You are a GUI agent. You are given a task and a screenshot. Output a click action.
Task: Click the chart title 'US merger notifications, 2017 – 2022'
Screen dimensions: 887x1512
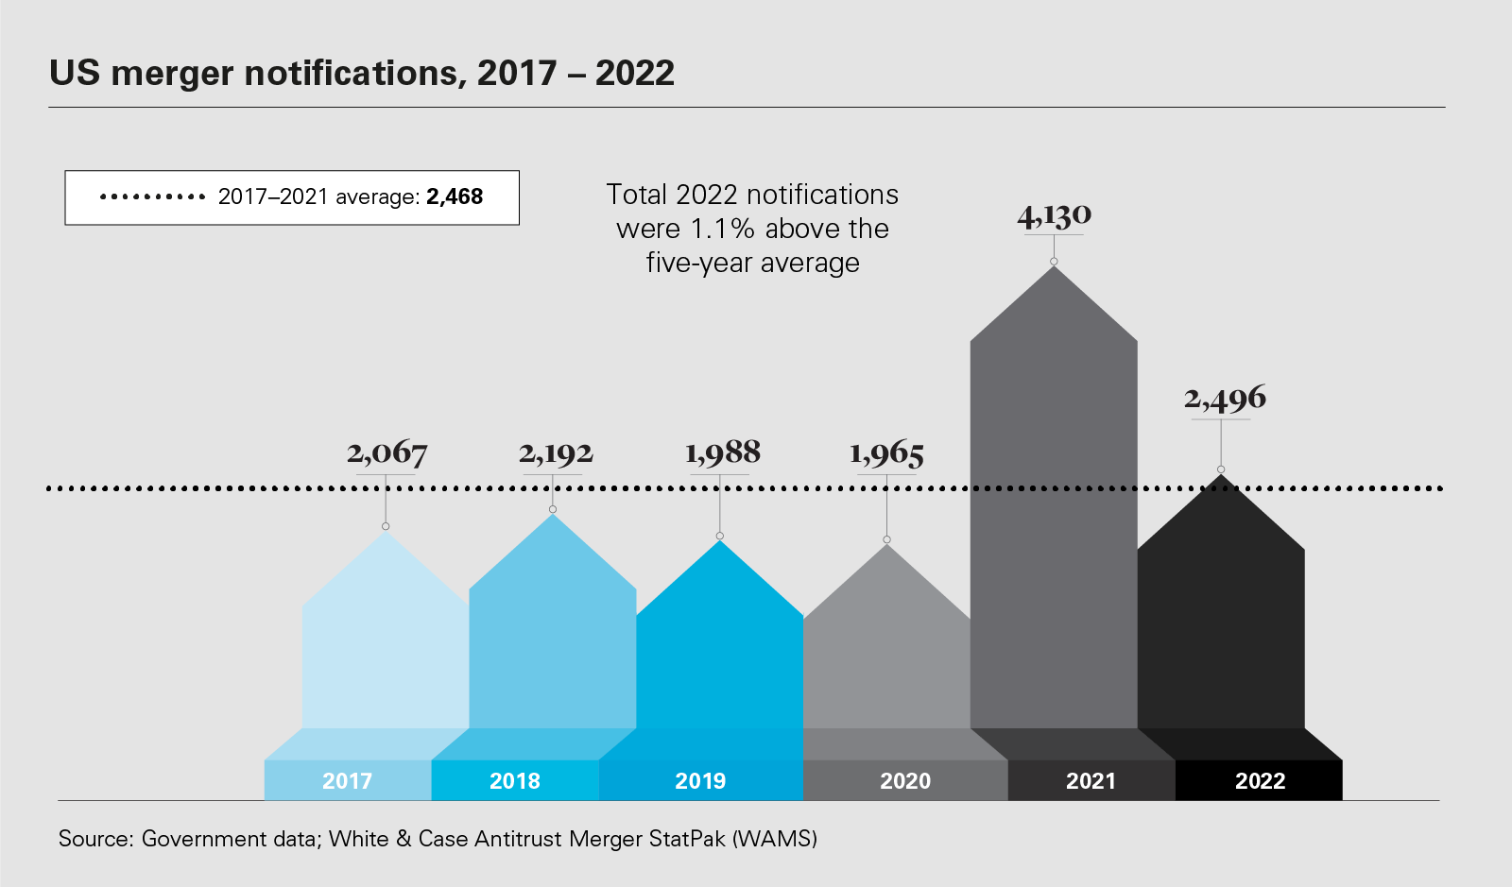pyautogui.click(x=362, y=74)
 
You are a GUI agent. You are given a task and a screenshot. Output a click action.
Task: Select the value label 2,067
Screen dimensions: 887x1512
pyautogui.click(x=387, y=453)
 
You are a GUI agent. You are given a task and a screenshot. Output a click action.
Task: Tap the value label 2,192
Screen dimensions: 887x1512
pyautogui.click(x=556, y=453)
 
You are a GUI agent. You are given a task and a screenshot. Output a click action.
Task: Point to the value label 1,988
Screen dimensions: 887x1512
pyautogui.click(x=723, y=453)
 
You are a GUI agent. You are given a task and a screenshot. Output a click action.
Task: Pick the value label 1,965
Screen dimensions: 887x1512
pyautogui.click(x=886, y=454)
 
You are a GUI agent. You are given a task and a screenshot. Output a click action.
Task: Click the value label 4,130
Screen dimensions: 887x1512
pyautogui.click(x=1055, y=216)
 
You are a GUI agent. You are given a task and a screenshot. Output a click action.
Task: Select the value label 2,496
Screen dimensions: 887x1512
pyautogui.click(x=1225, y=399)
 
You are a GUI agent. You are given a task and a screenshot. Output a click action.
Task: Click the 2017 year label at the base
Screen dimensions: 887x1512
pyautogui.click(x=347, y=781)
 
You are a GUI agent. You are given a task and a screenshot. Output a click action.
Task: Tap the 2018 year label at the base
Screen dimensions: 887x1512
pyautogui.click(x=515, y=781)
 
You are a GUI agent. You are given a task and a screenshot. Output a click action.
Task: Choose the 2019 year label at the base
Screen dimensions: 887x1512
pyautogui.click(x=700, y=781)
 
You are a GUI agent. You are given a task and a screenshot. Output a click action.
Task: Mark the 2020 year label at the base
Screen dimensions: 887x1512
pyautogui.click(x=905, y=781)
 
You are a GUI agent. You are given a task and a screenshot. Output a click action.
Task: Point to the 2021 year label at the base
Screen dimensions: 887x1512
pyautogui.click(x=1091, y=781)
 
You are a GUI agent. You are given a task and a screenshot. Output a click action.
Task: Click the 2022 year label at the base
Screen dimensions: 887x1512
pyautogui.click(x=1260, y=781)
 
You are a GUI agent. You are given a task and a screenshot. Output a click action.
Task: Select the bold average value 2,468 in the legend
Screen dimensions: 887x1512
pyautogui.click(x=455, y=197)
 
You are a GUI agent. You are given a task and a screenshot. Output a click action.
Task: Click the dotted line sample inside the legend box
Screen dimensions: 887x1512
pyautogui.click(x=152, y=197)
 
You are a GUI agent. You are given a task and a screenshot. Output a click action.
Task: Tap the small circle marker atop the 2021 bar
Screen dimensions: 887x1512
pyautogui.click(x=1054, y=262)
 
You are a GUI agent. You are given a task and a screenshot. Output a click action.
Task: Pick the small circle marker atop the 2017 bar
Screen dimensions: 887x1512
pyautogui.click(x=386, y=526)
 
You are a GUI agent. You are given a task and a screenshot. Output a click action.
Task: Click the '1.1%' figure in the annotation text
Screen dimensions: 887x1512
pyautogui.click(x=722, y=229)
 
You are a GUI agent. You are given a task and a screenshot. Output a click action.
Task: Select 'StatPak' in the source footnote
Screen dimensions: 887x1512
pyautogui.click(x=687, y=839)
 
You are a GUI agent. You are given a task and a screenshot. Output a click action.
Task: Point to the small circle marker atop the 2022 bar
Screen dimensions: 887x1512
pyautogui.click(x=1221, y=469)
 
